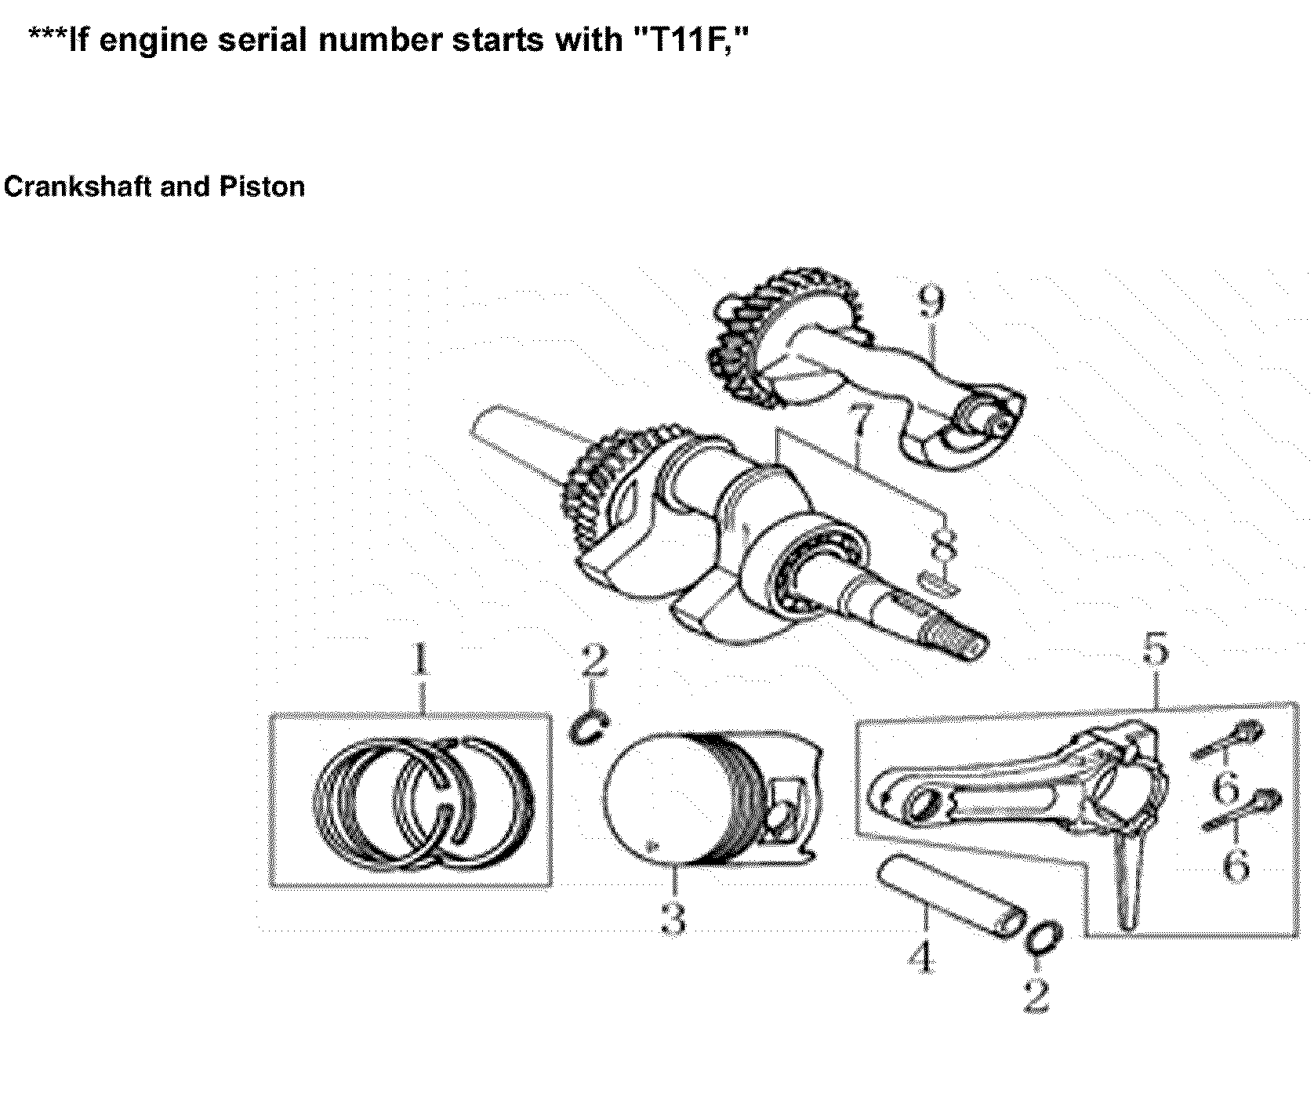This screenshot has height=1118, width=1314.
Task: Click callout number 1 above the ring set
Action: (421, 660)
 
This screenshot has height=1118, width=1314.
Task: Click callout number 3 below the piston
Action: (673, 917)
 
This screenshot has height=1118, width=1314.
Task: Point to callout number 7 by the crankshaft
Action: (859, 427)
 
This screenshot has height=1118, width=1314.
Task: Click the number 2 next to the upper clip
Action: (593, 660)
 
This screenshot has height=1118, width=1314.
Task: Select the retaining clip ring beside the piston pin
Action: (1044, 938)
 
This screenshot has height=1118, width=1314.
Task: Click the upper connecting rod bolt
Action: (1227, 739)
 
